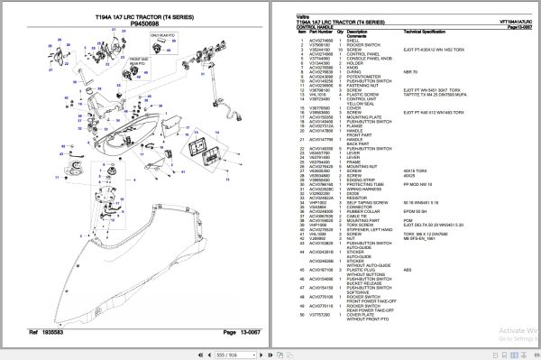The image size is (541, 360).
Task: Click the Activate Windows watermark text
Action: coord(493,329)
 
